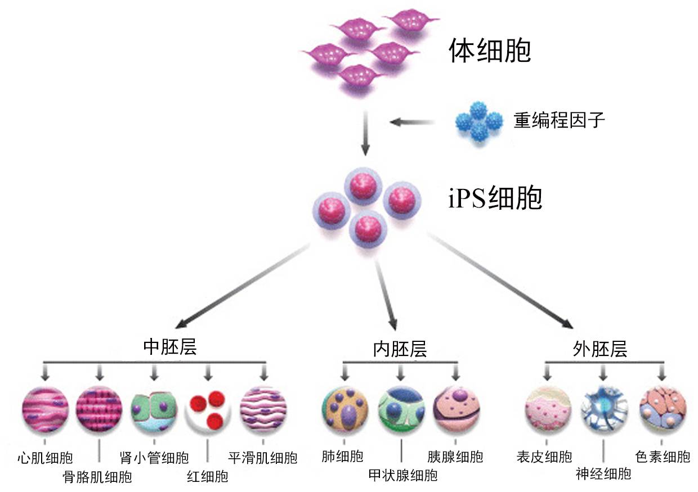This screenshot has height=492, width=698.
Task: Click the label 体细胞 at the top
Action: click(x=489, y=52)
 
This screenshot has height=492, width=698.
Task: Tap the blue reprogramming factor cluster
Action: click(x=478, y=121)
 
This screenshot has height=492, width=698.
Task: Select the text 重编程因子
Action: click(x=559, y=120)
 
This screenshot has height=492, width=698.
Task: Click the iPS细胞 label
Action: click(x=495, y=199)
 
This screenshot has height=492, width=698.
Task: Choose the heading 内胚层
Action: click(x=400, y=349)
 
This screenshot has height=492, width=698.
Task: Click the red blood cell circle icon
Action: click(x=208, y=410)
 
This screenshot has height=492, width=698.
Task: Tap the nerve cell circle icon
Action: click(x=603, y=410)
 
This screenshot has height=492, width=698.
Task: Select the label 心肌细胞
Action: click(x=45, y=457)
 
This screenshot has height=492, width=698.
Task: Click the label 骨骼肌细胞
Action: click(x=97, y=477)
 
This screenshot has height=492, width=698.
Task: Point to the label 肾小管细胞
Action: click(x=154, y=457)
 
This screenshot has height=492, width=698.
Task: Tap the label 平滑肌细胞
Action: click(x=262, y=457)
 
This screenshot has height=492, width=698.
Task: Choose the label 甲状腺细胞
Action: click(x=402, y=475)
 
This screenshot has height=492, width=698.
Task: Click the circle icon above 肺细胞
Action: click(x=344, y=410)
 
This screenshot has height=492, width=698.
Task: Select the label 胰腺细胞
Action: click(x=455, y=456)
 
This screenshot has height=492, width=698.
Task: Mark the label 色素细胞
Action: click(x=662, y=456)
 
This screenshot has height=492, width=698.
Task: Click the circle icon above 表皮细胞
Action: click(x=548, y=410)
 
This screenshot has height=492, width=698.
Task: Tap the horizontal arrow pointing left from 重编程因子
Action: click(x=413, y=121)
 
